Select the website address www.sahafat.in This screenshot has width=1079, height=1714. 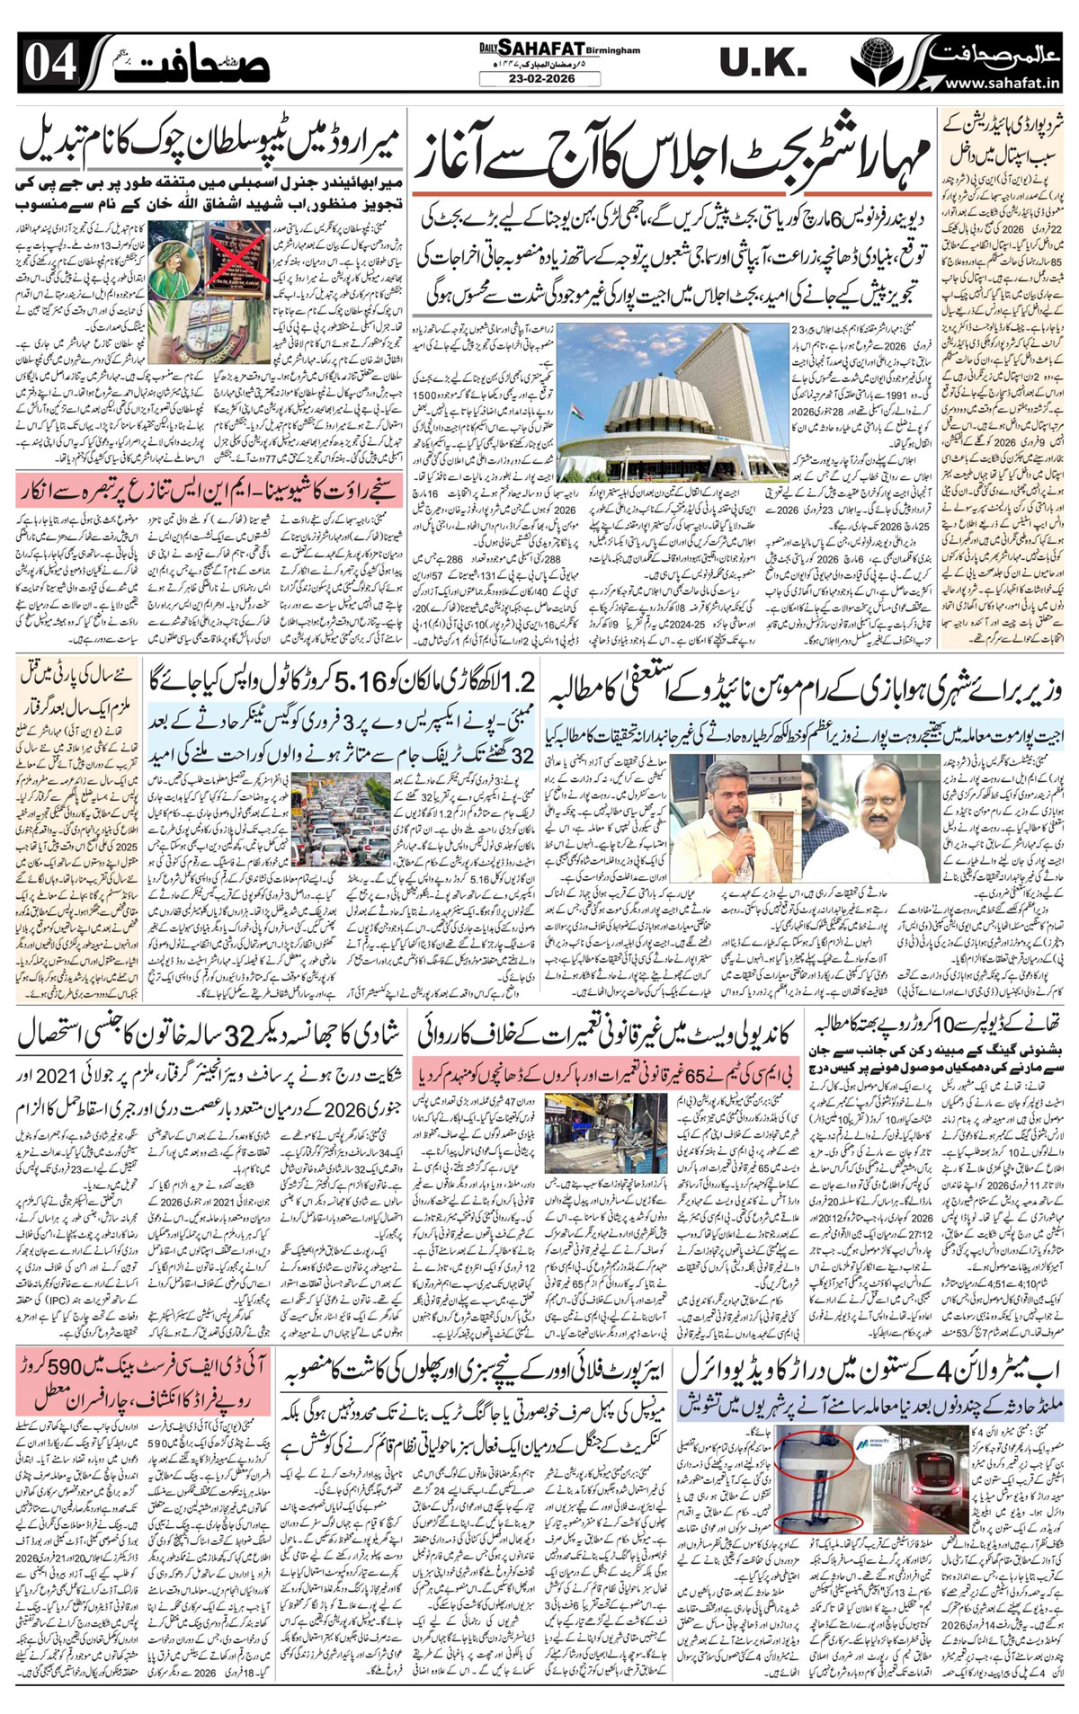click(x=1000, y=84)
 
